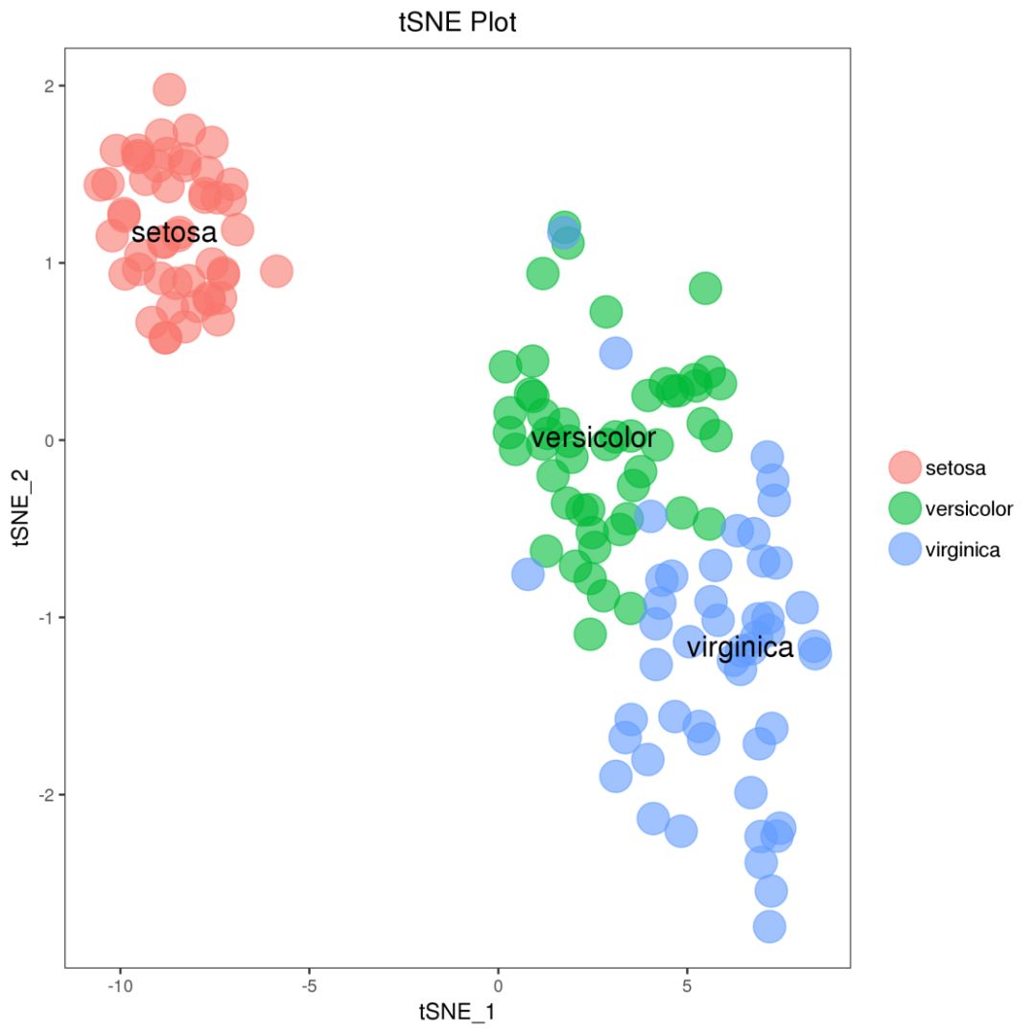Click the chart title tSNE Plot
458,23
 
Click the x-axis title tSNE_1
457,1011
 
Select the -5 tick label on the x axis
309,985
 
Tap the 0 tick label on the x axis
498,985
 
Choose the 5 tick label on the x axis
687,985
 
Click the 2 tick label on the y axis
49,86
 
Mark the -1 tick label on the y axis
46,618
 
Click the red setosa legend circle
905,467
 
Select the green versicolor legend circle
905,508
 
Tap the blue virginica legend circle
905,550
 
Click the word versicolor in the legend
968,508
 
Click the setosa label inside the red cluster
175,232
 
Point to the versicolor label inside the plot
593,438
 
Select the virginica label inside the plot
740,647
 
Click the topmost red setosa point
169,89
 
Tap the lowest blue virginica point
769,927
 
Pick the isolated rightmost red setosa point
276,271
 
